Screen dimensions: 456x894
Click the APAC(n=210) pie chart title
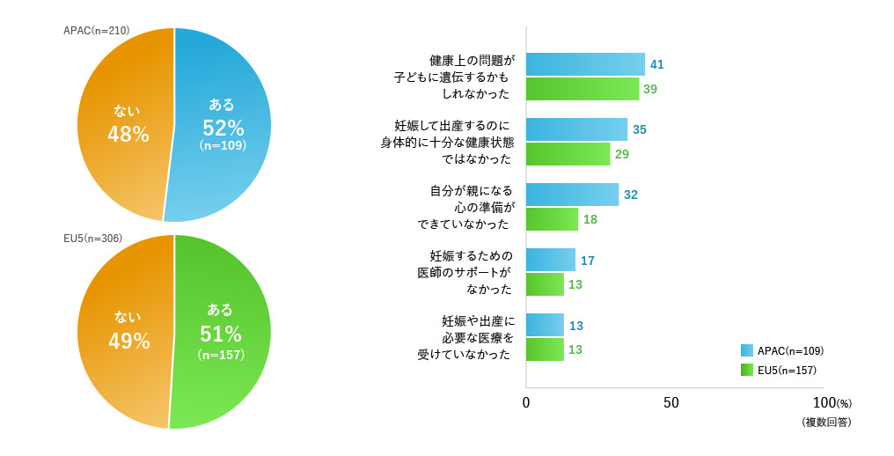tap(97, 31)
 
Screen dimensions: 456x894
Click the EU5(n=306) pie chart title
tap(92, 239)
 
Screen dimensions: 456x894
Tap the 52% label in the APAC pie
tap(222, 128)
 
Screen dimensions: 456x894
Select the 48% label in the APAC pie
tap(128, 134)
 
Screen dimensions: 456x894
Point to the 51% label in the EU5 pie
tap(221, 335)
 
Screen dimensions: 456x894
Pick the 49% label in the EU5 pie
tap(129, 341)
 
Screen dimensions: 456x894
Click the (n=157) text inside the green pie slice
tap(221, 355)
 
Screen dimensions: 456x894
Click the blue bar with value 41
tap(585, 64)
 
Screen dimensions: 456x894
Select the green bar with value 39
tap(583, 89)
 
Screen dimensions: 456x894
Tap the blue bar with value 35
tap(576, 129)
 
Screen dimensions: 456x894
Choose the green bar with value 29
tap(568, 154)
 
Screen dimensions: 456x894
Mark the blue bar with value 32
tap(572, 195)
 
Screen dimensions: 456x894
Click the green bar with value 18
tap(552, 219)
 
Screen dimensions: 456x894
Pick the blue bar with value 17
tap(551, 260)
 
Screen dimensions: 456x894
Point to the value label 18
tap(590, 219)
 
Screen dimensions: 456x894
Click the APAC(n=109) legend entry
tap(782, 350)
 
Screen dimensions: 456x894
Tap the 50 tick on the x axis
tap(671, 402)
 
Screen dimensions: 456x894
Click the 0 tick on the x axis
tap(526, 402)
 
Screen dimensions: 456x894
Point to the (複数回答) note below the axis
tap(826, 423)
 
